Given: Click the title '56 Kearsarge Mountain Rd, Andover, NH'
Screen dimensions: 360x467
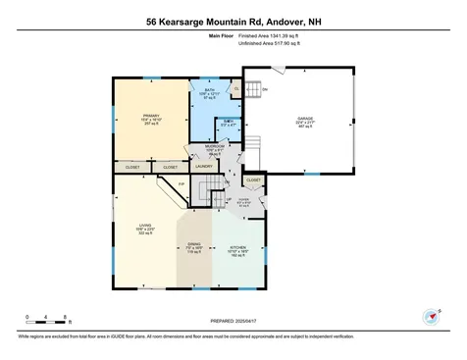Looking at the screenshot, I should coord(233,20).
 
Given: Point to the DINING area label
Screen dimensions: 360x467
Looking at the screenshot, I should coord(195,247).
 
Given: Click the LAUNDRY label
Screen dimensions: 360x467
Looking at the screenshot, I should coord(204,166).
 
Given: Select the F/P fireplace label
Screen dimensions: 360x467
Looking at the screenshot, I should coord(181,183).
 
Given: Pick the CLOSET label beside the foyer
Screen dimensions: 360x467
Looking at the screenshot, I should coord(253,180).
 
